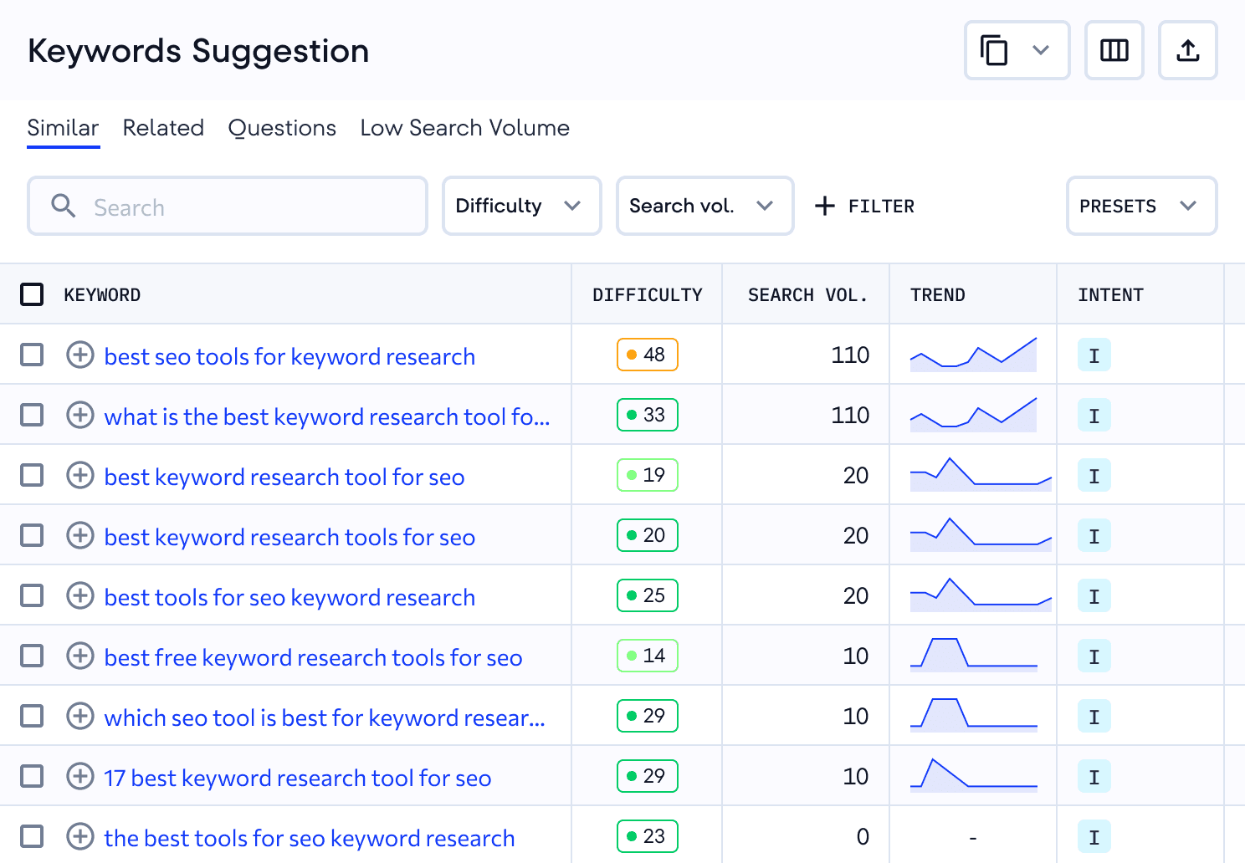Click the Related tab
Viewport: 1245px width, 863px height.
coord(163,128)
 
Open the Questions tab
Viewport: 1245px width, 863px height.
coord(282,128)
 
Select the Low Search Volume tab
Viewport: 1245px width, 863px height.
coord(464,128)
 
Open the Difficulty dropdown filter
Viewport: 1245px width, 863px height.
coord(521,206)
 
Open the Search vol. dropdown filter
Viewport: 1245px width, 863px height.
coord(704,206)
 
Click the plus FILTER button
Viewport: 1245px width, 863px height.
coord(865,206)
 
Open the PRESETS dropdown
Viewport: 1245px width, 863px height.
coord(1140,206)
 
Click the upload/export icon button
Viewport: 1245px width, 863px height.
coord(1187,51)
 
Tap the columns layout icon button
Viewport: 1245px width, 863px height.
coord(1114,51)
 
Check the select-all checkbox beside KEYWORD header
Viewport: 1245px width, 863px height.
coord(32,294)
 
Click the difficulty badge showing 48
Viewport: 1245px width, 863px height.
coord(647,355)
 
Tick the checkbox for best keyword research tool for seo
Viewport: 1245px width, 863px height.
coord(32,476)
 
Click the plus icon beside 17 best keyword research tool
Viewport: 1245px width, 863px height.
coord(80,777)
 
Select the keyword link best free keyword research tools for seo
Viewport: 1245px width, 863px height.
coord(313,657)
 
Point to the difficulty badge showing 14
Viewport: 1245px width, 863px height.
coord(647,656)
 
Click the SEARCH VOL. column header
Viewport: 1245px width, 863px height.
coord(807,295)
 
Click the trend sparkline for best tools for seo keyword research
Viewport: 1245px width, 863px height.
coord(980,595)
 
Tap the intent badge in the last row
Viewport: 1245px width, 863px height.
coord(1094,837)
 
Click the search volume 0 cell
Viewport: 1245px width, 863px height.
coord(863,837)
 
